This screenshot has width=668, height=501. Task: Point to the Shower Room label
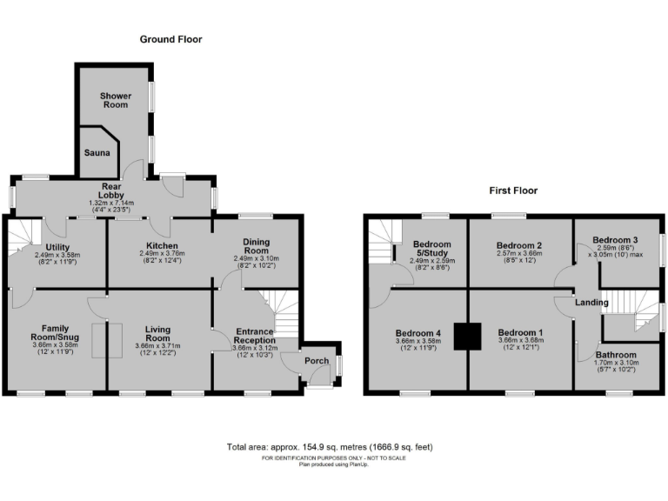(x=114, y=100)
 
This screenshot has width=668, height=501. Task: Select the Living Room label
(x=157, y=331)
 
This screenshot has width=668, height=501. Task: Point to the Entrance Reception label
(x=254, y=336)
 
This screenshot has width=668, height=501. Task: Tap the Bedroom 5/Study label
(x=431, y=248)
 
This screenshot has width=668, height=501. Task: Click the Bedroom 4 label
(x=418, y=332)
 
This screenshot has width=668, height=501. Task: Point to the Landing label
(x=591, y=302)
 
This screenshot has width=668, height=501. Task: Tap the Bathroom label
(x=616, y=355)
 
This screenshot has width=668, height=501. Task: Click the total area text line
(x=329, y=447)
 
